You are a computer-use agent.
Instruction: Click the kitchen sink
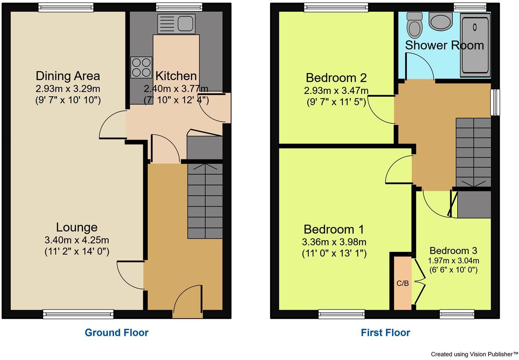[176, 24]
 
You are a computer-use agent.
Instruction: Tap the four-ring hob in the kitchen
[141, 67]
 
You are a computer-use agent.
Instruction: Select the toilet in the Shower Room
[413, 25]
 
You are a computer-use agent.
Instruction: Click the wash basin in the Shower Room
[440, 21]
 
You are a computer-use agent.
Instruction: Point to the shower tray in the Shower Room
[475, 46]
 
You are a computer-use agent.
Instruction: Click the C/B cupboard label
[402, 283]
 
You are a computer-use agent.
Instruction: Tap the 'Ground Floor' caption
[116, 332]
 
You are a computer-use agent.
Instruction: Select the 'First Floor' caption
[385, 332]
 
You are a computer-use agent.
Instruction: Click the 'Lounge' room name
[77, 227]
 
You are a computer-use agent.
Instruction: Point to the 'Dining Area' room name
[68, 76]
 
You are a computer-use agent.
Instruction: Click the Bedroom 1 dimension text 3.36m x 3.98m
[334, 242]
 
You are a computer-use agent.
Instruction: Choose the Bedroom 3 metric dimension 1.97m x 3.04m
[453, 261]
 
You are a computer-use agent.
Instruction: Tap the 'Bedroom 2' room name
[336, 78]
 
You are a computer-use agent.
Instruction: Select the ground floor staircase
[205, 201]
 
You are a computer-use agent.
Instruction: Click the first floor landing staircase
[473, 152]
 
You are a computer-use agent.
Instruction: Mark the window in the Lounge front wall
[78, 314]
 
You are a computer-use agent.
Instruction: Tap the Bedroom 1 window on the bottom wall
[341, 314]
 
